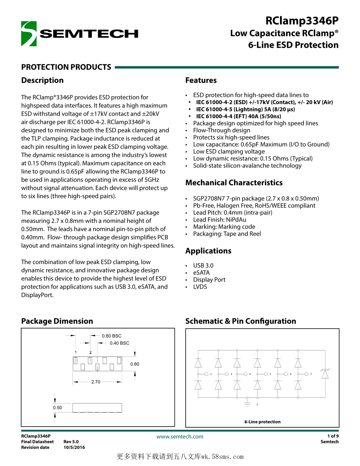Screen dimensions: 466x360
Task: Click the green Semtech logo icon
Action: (29, 34)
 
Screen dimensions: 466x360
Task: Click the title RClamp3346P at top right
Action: (302, 20)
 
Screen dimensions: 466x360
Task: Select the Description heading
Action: (42, 80)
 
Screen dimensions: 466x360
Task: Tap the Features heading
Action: (201, 80)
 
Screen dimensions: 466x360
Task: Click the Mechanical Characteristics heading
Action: (234, 183)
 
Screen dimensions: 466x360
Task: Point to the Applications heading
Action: (208, 251)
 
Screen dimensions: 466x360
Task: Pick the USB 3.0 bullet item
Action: (203, 266)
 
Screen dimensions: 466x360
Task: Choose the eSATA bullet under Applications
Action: (201, 273)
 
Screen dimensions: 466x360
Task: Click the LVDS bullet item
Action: (200, 287)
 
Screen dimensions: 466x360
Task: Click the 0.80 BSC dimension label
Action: (112, 336)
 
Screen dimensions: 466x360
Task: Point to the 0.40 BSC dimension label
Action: (119, 343)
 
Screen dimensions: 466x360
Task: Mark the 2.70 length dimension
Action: (95, 382)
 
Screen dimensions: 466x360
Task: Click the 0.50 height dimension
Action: (57, 408)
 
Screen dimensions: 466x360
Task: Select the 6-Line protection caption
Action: (262, 422)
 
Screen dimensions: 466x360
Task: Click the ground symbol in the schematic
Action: (247, 403)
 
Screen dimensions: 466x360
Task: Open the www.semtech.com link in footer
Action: (180, 436)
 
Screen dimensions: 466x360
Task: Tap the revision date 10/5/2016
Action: (74, 447)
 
